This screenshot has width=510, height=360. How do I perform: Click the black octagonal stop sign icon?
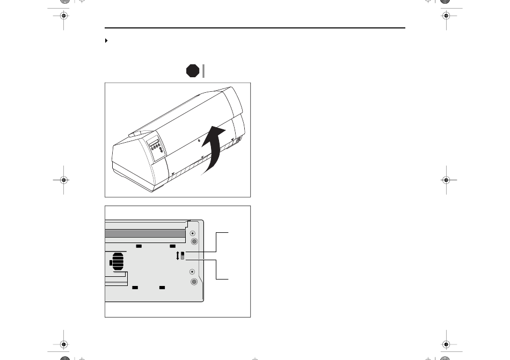(193, 71)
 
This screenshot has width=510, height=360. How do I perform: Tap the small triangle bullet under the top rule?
(106, 41)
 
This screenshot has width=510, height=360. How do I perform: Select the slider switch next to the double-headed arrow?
(183, 255)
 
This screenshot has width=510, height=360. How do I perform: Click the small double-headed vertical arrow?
(178, 256)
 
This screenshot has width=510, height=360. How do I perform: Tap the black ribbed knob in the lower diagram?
(117, 262)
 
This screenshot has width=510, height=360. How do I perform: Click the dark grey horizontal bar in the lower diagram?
(145, 234)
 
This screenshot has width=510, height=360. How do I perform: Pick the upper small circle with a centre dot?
(193, 233)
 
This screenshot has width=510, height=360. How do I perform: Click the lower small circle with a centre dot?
(193, 273)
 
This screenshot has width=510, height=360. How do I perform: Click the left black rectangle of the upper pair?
(139, 246)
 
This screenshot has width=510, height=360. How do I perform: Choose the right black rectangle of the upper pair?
(172, 246)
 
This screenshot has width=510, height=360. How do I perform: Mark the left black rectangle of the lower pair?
(135, 288)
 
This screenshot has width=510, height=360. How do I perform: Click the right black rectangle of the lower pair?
(162, 288)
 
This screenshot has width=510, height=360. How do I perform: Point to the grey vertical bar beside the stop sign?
(204, 71)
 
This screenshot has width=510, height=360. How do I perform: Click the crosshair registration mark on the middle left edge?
(63, 180)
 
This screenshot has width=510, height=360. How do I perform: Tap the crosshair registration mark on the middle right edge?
(446, 180)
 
